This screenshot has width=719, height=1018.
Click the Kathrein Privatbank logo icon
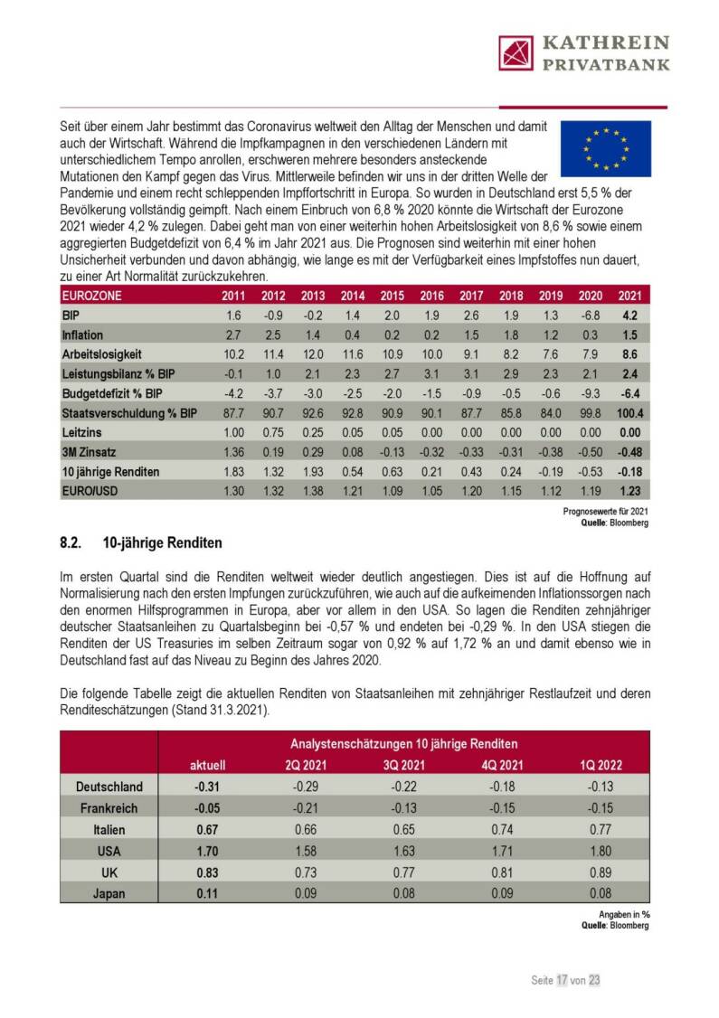pos(516,52)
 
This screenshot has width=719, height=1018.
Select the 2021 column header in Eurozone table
pos(629,296)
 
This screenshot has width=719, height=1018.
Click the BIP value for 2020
pos(591,316)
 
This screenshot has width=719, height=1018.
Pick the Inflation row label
pos(82,335)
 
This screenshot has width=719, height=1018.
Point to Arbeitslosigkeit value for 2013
pos(311,355)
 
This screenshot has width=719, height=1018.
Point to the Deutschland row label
pos(109,787)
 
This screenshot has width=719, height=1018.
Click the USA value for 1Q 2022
pos(601,851)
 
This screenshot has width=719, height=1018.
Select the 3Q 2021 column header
pos(403,765)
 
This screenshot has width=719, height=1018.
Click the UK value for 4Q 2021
pos(502,872)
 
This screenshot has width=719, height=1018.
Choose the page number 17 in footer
pos(562,979)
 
